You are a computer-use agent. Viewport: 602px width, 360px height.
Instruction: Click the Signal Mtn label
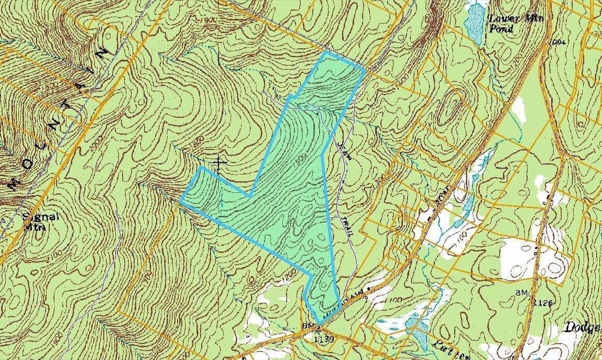click(36, 221)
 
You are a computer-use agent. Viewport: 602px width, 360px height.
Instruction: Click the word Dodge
click(582, 328)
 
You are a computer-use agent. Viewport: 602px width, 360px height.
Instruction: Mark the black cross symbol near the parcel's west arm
click(218, 163)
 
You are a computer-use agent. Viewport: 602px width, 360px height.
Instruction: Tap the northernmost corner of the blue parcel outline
click(326, 52)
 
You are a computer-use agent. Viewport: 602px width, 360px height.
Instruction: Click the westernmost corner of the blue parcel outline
click(181, 201)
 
